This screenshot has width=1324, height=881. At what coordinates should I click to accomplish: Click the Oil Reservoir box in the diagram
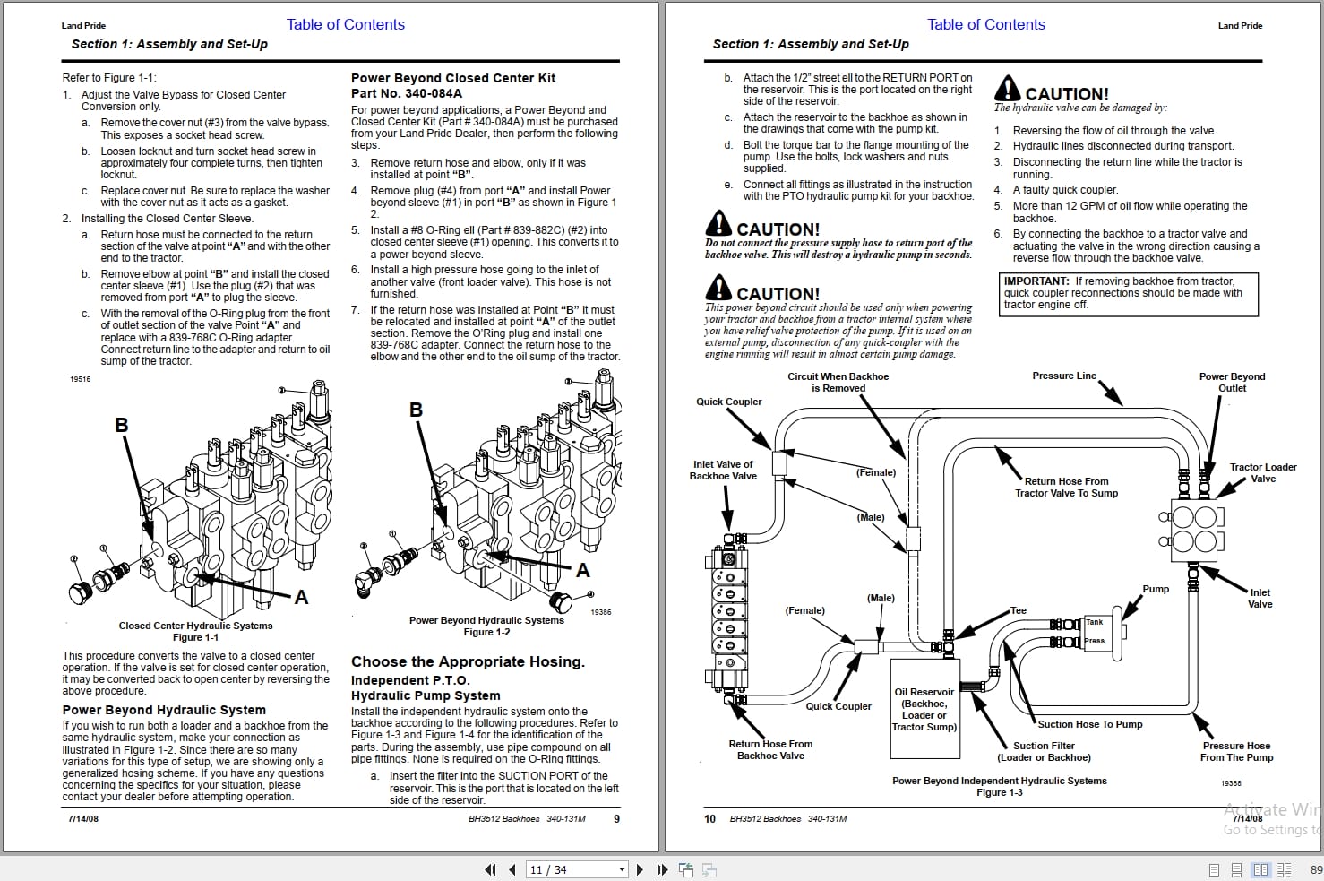924,709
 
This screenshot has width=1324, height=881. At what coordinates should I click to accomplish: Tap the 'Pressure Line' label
1063,376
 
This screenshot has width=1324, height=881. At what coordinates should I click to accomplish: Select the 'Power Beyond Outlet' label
1232,382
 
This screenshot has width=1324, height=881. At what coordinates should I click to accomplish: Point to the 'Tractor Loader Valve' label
1262,472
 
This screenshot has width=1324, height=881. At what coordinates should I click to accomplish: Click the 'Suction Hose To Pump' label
1089,724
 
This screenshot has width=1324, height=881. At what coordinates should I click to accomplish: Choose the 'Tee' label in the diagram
1019,610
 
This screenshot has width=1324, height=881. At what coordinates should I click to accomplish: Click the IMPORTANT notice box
1130,293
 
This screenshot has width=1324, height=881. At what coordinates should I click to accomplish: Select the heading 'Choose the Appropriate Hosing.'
468,661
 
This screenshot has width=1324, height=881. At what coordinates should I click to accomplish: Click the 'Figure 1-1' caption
195,637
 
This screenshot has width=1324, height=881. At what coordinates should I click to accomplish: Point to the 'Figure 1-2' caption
486,632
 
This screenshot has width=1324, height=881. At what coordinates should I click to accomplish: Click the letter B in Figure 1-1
122,425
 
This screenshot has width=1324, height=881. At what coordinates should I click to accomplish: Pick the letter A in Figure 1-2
583,570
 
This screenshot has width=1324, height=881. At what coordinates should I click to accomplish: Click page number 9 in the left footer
616,818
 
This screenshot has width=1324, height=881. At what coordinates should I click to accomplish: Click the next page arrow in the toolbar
640,869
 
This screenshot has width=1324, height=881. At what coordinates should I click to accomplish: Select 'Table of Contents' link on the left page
345,24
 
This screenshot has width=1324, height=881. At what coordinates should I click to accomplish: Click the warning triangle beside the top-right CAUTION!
1008,89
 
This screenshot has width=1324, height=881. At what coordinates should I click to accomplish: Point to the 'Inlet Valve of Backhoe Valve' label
723,470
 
